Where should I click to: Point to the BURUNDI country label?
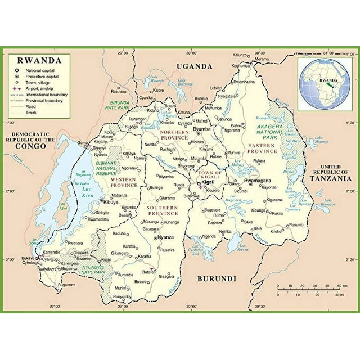(x=217, y=278)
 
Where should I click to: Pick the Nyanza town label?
(x=165, y=237)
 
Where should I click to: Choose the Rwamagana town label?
(x=258, y=180)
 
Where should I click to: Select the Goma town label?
(x=83, y=143)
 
